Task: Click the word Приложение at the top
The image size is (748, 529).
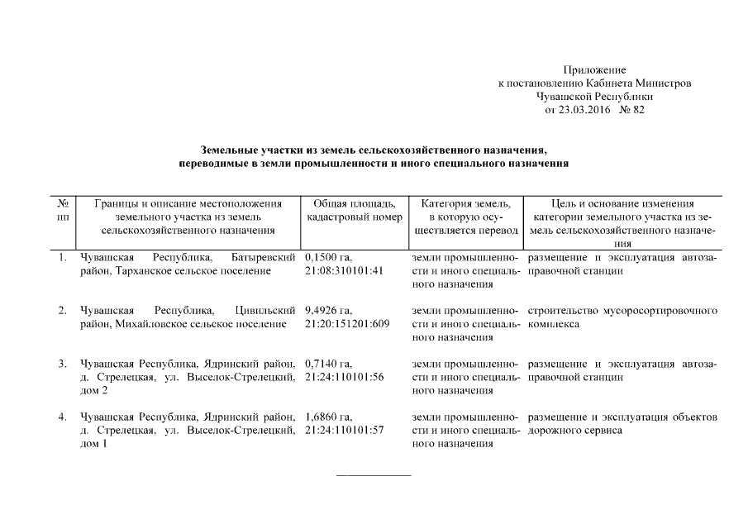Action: pyautogui.click(x=593, y=70)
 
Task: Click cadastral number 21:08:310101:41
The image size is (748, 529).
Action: pyautogui.click(x=344, y=271)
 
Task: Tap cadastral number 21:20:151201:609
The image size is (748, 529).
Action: pyautogui.click(x=347, y=324)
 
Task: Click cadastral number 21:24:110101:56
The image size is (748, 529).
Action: pyautogui.click(x=344, y=377)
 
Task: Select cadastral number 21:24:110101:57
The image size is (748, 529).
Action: pyautogui.click(x=344, y=430)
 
